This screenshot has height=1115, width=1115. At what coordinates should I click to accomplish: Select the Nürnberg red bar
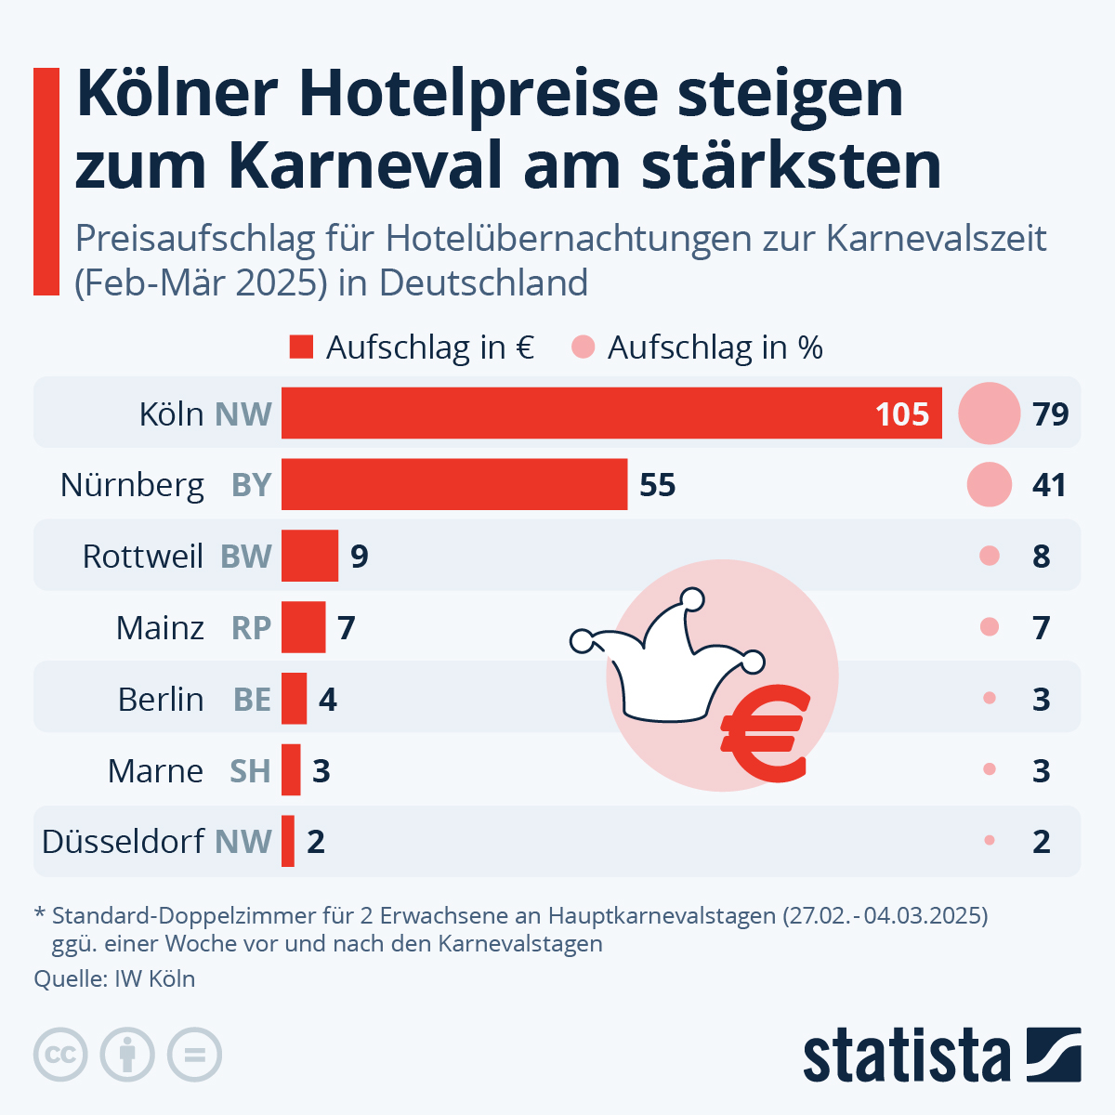pyautogui.click(x=454, y=484)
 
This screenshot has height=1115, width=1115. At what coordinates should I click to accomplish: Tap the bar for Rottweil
pyautogui.click(x=309, y=556)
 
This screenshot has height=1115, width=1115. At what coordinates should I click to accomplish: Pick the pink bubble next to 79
pyautogui.click(x=989, y=413)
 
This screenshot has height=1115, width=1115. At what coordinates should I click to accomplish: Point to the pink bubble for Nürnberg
pyautogui.click(x=989, y=484)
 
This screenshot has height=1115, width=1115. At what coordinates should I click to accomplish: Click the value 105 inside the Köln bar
pyautogui.click(x=901, y=414)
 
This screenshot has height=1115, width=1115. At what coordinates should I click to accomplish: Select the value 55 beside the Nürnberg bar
pyautogui.click(x=657, y=485)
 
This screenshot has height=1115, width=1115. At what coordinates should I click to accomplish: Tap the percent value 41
pyautogui.click(x=1049, y=485)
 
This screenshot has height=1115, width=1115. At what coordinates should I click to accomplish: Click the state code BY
pyautogui.click(x=251, y=485)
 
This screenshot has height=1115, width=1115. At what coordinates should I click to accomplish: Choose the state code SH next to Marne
pyautogui.click(x=250, y=770)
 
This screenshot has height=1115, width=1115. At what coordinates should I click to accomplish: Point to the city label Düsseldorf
pyautogui.click(x=123, y=842)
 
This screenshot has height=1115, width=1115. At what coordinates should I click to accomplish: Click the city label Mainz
pyautogui.click(x=160, y=628)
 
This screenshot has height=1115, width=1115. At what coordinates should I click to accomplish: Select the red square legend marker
pyautogui.click(x=301, y=348)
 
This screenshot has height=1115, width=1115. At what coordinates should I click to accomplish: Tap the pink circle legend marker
pyautogui.click(x=583, y=348)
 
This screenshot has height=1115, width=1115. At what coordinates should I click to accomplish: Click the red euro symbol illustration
pyautogui.click(x=764, y=733)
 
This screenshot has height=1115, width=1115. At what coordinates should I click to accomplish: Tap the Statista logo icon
pyautogui.click(x=1054, y=1055)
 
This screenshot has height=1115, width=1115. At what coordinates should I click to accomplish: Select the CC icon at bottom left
pyautogui.click(x=60, y=1055)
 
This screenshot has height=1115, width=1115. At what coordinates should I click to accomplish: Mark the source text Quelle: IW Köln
pyautogui.click(x=114, y=978)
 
